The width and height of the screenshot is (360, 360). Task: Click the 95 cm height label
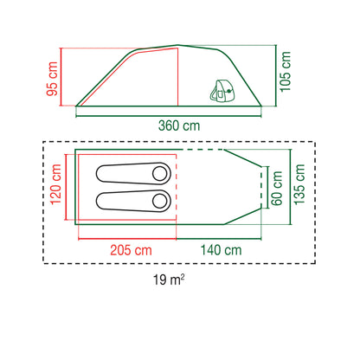point(52,79)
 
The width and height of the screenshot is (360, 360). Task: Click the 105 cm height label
point(286,72)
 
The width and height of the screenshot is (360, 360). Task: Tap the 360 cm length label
point(179,125)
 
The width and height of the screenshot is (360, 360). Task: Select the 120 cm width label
point(56,184)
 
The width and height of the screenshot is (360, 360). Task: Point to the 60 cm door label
point(277,188)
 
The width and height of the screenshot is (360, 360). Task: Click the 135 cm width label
point(299,184)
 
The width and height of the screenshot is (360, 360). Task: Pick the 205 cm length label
point(131,250)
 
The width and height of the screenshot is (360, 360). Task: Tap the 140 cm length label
point(221,250)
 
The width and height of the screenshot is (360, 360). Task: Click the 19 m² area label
point(169,280)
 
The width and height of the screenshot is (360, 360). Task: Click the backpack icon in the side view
point(222,90)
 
